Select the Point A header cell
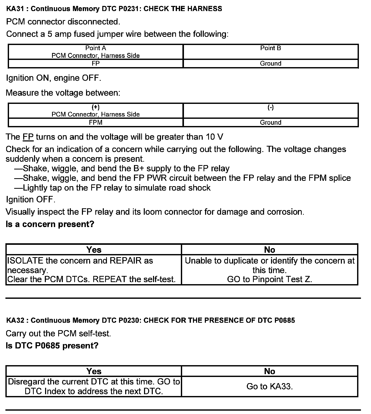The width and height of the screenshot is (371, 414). (x=96, y=52)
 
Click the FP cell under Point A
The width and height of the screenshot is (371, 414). (x=96, y=64)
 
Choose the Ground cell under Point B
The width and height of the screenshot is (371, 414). (x=271, y=64)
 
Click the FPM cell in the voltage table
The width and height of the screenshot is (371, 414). (x=96, y=122)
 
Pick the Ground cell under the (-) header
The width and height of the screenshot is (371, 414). (x=271, y=122)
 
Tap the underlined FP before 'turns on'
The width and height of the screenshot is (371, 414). (x=28, y=137)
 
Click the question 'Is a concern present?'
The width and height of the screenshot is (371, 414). (x=50, y=224)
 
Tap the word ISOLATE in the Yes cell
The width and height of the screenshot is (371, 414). (x=25, y=260)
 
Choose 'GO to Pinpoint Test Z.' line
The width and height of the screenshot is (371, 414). (x=269, y=279)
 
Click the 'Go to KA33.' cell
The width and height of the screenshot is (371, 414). (x=269, y=386)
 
